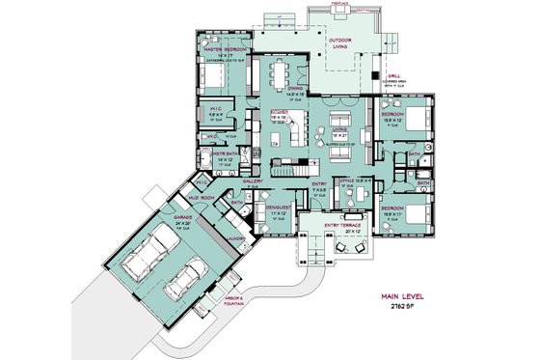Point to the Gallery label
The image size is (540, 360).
254,180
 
